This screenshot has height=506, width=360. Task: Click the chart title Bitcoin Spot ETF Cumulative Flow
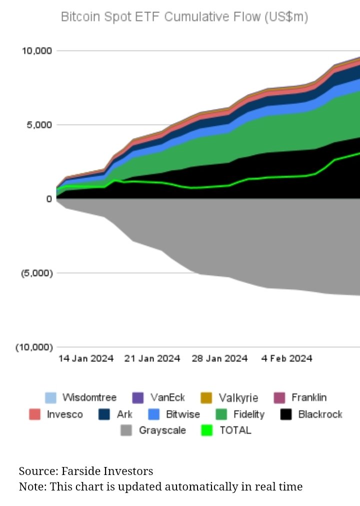[184, 17]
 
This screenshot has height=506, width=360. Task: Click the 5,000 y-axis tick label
[38, 125]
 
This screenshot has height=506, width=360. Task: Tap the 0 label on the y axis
[48, 199]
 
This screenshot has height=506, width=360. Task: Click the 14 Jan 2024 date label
[85, 358]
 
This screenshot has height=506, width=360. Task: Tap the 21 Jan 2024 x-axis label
[152, 358]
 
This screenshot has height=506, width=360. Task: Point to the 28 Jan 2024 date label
[219, 358]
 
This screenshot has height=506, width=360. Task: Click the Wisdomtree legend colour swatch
[50, 398]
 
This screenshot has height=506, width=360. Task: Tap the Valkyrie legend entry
[238, 398]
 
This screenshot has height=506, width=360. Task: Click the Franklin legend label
[309, 398]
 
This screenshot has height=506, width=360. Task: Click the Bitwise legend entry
[182, 414]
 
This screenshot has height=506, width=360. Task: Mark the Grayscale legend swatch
[127, 430]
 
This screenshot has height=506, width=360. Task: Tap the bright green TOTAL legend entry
[235, 430]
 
